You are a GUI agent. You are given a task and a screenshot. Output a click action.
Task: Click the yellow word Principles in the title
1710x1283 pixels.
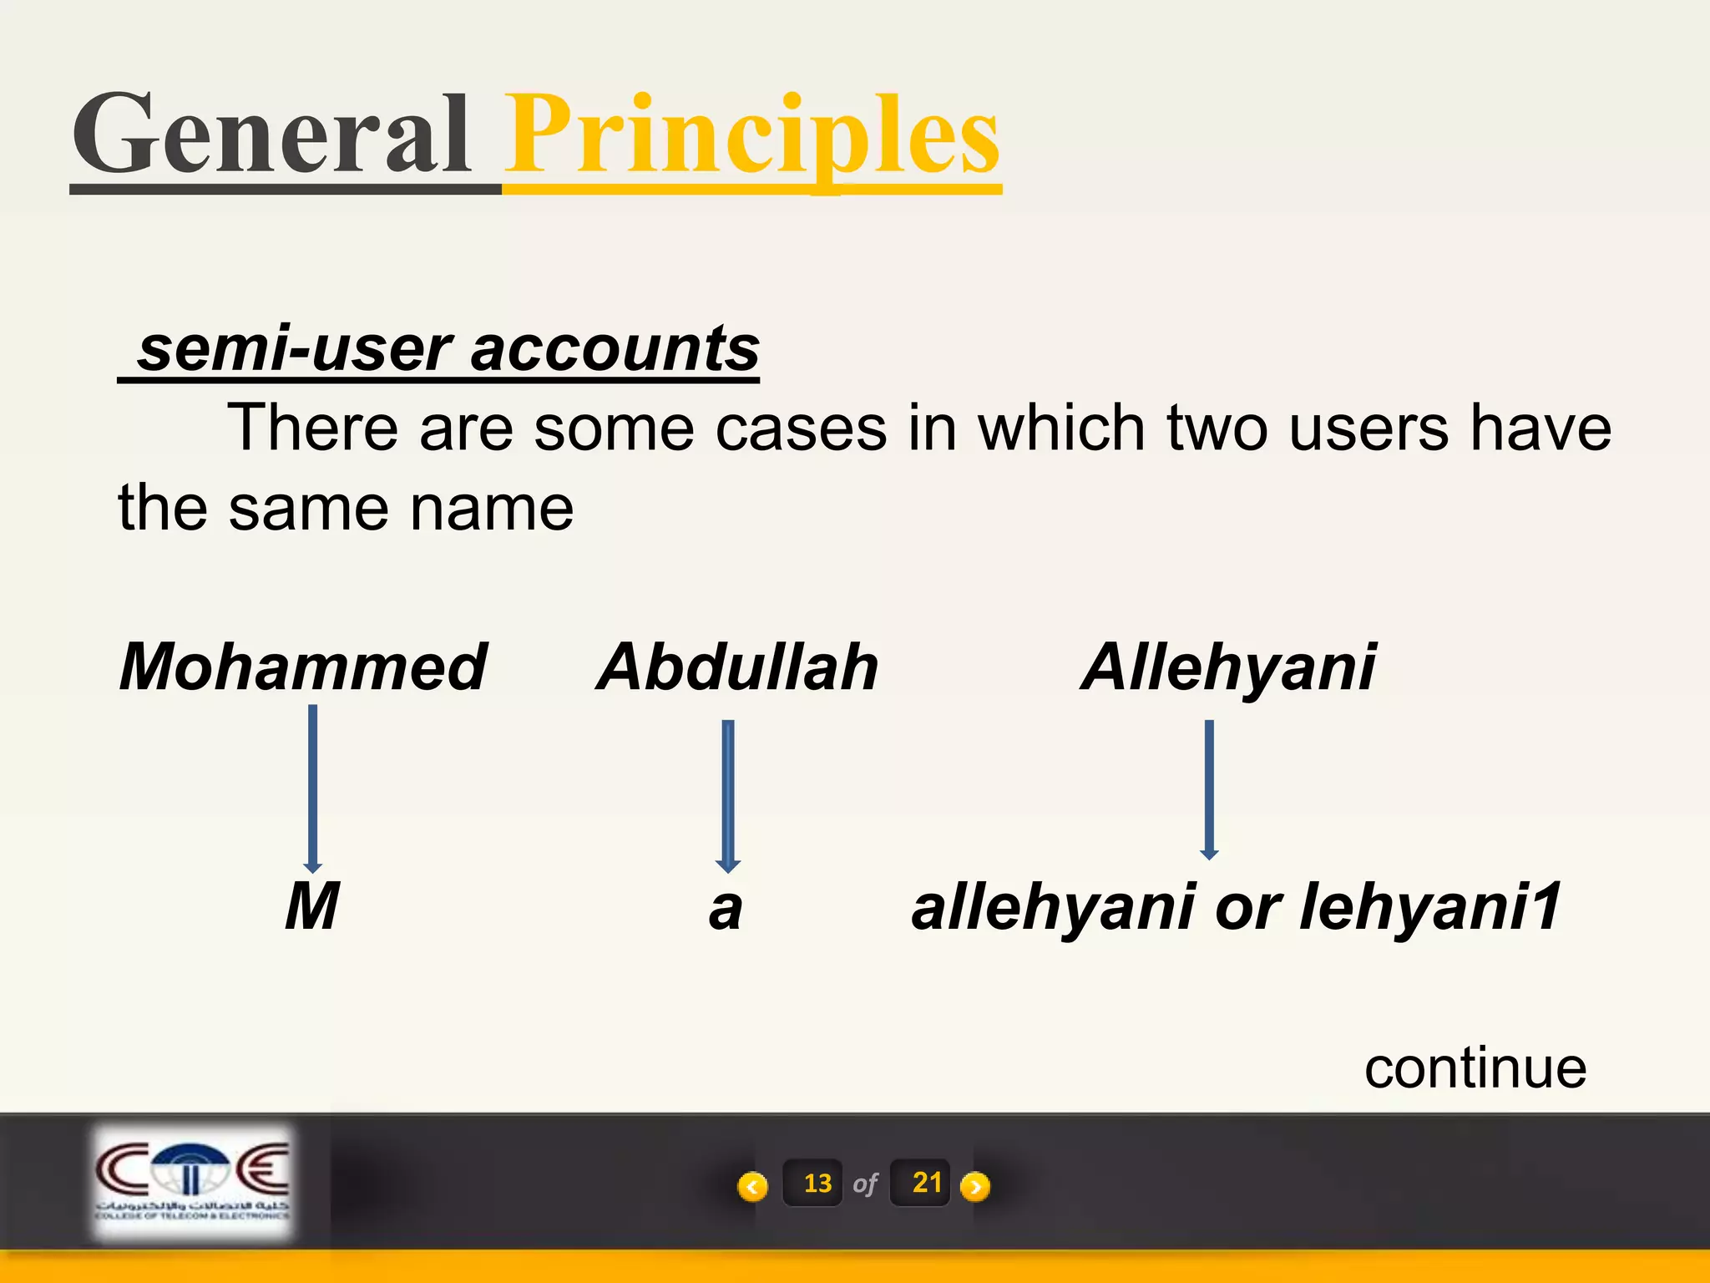753,135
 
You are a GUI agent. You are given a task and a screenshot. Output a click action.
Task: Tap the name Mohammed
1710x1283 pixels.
302,667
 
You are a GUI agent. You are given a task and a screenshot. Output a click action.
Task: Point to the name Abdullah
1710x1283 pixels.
738,667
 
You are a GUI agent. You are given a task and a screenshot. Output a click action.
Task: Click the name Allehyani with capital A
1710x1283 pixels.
1228,667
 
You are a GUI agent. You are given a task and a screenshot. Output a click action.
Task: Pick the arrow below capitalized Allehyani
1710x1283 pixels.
1209,789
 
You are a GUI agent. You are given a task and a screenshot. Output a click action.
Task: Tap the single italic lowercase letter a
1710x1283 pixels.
725,909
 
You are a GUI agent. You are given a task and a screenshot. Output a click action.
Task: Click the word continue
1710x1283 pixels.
1475,1068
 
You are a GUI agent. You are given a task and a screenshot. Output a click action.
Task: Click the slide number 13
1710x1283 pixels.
817,1184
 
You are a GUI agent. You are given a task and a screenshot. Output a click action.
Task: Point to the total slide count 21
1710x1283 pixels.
926,1183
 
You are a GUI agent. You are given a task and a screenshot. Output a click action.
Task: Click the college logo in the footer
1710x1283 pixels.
192,1182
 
